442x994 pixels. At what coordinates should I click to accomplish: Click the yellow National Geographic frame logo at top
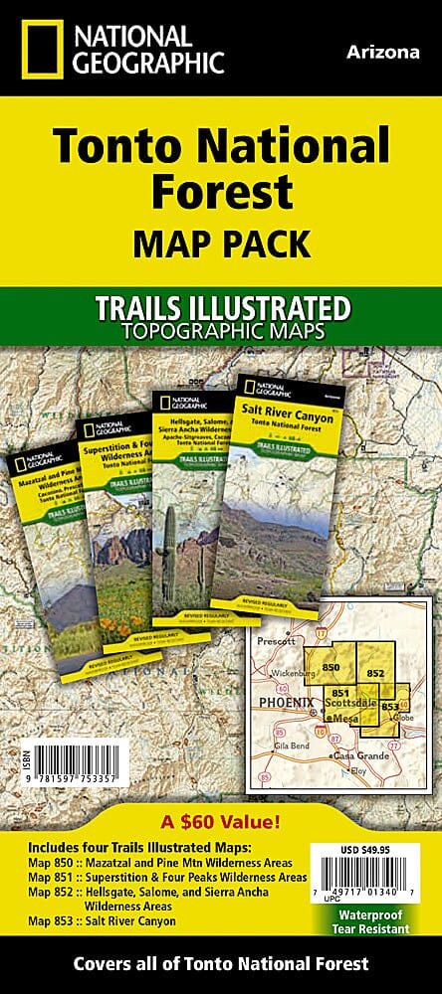pyautogui.click(x=37, y=47)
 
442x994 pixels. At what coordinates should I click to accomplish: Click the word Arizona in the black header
pyautogui.click(x=383, y=53)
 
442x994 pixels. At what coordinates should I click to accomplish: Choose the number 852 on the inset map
pyautogui.click(x=375, y=673)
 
